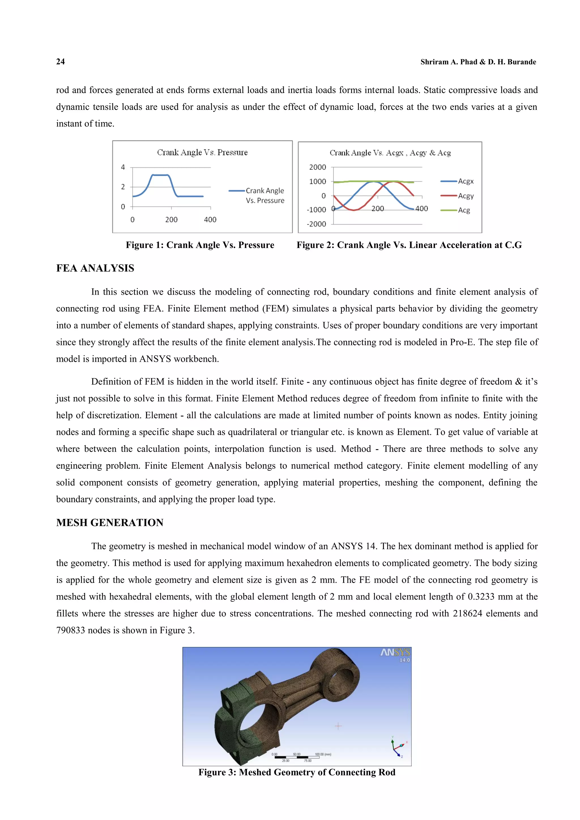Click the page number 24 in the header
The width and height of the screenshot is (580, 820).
60,62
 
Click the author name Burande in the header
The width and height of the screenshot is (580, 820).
521,62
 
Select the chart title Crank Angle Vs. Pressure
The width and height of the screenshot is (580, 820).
202,152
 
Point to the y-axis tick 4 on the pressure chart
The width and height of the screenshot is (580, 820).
123,167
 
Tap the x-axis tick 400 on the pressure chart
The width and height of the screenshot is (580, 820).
210,220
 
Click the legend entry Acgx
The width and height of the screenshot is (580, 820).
465,182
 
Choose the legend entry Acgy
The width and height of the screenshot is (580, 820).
465,196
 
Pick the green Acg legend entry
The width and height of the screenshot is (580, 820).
464,210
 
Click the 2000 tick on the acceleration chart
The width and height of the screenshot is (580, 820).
317,167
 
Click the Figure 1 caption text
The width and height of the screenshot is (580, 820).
200,245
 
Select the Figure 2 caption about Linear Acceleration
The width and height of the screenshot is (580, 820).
409,245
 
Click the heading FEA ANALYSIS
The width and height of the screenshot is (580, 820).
95,269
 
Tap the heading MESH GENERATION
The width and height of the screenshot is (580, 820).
110,523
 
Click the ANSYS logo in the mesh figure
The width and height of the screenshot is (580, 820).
395,653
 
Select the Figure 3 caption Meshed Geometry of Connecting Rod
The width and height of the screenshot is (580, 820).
297,772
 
